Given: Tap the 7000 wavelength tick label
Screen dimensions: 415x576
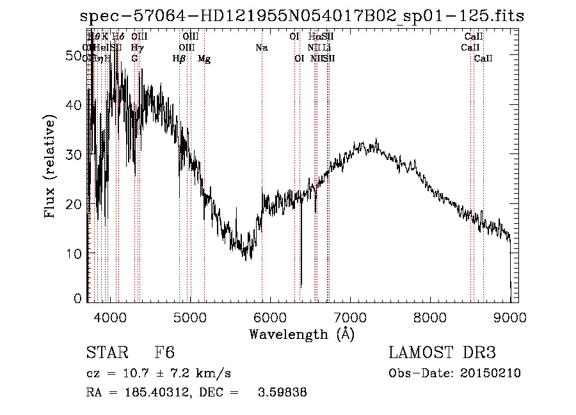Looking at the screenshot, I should click(349, 317).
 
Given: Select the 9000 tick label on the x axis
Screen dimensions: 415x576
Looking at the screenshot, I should click(509, 317).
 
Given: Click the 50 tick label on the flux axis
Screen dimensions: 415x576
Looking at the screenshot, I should click(76, 56).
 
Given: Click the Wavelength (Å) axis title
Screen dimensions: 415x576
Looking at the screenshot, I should click(301, 334).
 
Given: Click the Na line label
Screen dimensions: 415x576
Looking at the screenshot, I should click(261, 47).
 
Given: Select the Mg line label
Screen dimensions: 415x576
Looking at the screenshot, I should click(204, 59).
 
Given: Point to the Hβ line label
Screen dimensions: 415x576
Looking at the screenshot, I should click(179, 59).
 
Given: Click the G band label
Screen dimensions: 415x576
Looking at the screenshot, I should click(134, 59).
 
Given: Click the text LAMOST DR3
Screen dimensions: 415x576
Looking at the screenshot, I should click(442, 353).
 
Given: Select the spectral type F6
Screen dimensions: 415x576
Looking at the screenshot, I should click(164, 353).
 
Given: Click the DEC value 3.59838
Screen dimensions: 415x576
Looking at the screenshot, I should click(282, 393).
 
